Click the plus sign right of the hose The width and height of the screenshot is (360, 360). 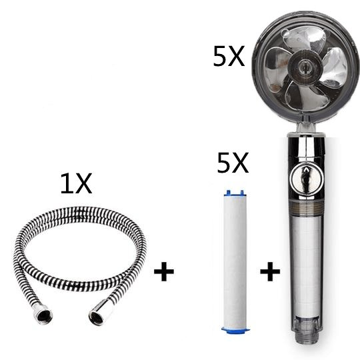pos(164,273)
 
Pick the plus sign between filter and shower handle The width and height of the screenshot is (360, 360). pos(269,273)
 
